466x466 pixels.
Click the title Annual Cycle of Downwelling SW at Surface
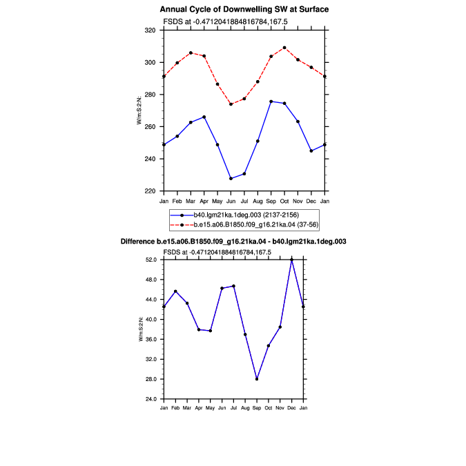coord(244,10)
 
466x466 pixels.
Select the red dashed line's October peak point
coord(284,48)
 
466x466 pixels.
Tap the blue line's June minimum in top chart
coord(231,179)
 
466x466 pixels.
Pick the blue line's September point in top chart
coord(271,101)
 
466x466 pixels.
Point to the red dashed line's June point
coord(231,104)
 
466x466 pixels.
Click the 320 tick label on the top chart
coord(150,30)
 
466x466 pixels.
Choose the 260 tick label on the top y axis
coord(150,126)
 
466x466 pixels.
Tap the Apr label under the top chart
coord(204,201)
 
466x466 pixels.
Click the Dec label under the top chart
coord(311,201)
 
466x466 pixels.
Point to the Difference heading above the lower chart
coord(233,242)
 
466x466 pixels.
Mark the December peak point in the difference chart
coord(291,260)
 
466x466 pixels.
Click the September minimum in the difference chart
coord(257,379)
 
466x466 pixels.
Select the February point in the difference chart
coord(175,291)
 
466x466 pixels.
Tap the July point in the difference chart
coord(233,287)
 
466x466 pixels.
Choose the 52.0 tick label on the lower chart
coord(151,260)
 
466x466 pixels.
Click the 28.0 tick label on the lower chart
coord(151,379)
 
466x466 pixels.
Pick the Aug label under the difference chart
coord(245,408)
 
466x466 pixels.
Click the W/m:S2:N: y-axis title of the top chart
coord(139,110)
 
